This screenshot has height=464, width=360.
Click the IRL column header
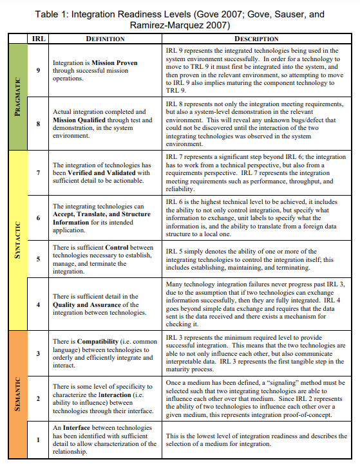pos(38,39)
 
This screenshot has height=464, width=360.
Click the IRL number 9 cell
pos(38,71)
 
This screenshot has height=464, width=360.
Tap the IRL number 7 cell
pos(38,172)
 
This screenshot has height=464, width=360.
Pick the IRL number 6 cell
pos(38,218)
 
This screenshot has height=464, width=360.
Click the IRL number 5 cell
pos(38,259)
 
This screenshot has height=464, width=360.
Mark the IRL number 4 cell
pos(38,304)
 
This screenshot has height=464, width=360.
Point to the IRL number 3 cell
pos(38,353)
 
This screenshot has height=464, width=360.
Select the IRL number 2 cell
pos(38,398)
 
